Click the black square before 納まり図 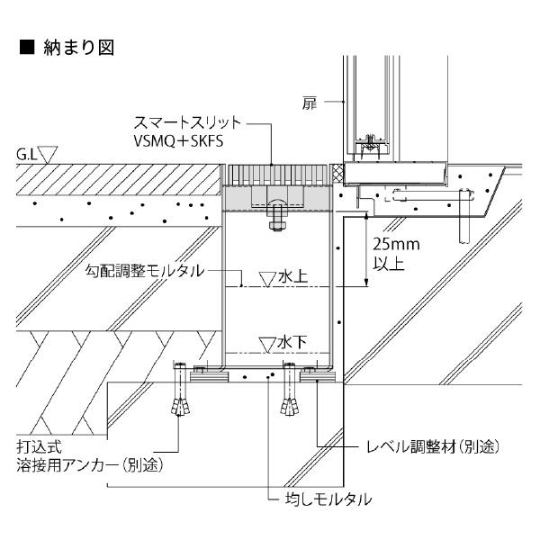pyautogui.click(x=27, y=47)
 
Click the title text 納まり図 pyautogui.click(x=79, y=47)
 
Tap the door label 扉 pyautogui.click(x=310, y=103)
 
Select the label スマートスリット pyautogui.click(x=187, y=122)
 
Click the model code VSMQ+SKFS pyautogui.click(x=178, y=141)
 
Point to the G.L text pyautogui.click(x=26, y=155)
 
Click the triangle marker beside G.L pyautogui.click(x=48, y=154)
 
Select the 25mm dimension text pyautogui.click(x=396, y=244)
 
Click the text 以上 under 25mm pyautogui.click(x=389, y=264)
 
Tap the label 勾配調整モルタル pyautogui.click(x=145, y=271)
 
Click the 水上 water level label pyautogui.click(x=292, y=276)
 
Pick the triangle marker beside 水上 pyautogui.click(x=267, y=279)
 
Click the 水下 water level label pyautogui.click(x=292, y=343)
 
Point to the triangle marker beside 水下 pyautogui.click(x=267, y=345)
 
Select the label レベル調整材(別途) pyautogui.click(x=433, y=446)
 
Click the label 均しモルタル pyautogui.click(x=328, y=499)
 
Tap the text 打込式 pyautogui.click(x=39, y=447)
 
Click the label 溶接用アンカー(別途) pyautogui.click(x=89, y=465)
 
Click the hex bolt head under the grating pyautogui.click(x=277, y=226)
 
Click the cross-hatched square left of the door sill pyautogui.click(x=337, y=173)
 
